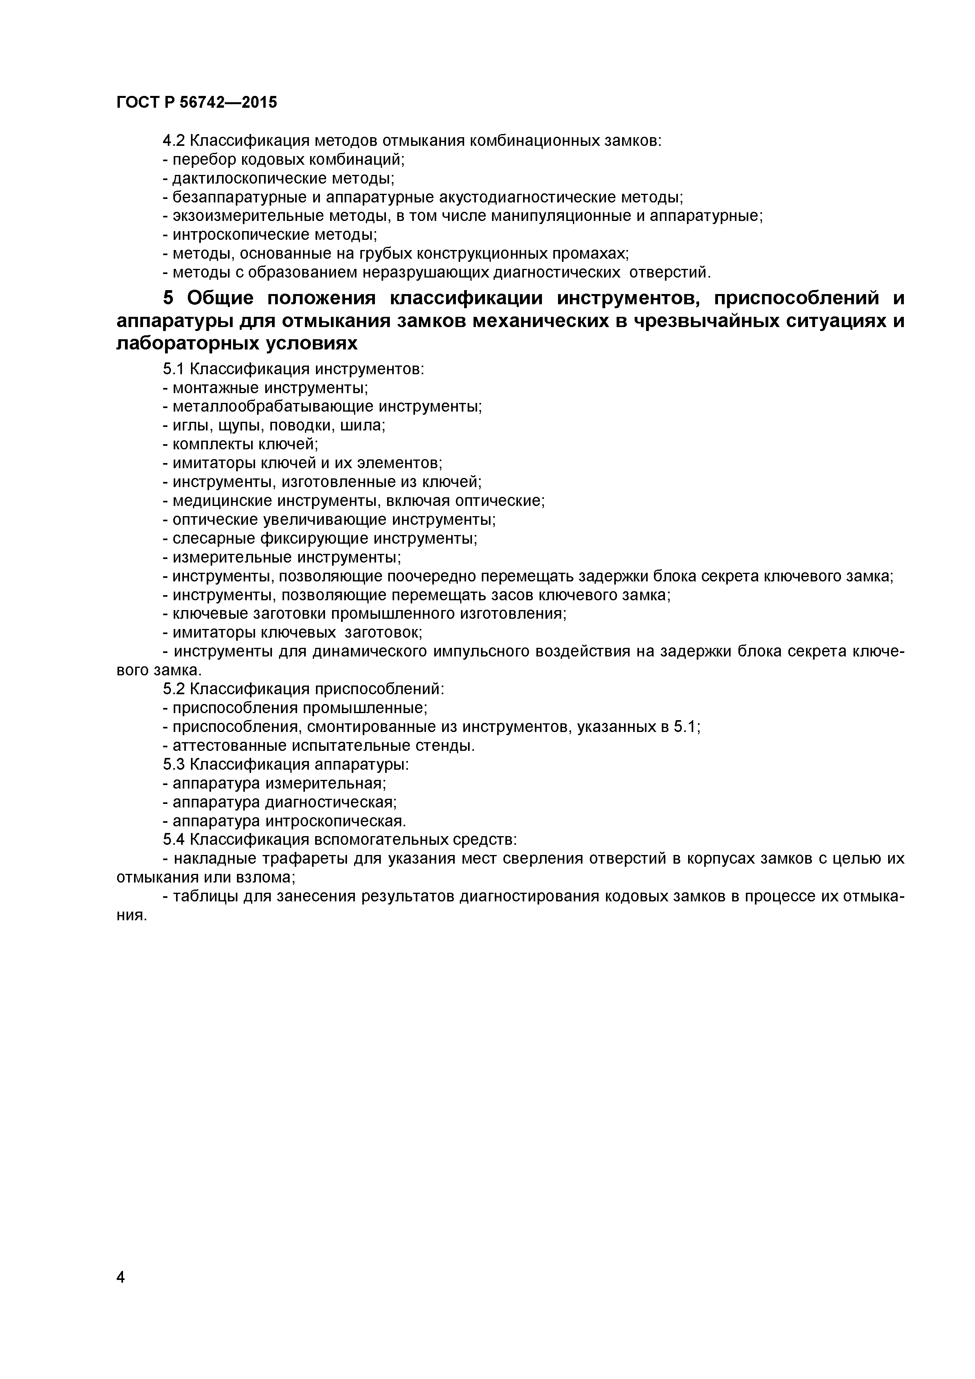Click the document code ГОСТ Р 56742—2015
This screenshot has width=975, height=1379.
[x=197, y=103]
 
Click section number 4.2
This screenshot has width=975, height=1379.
[x=174, y=141]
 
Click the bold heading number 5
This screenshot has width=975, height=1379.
[x=169, y=298]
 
